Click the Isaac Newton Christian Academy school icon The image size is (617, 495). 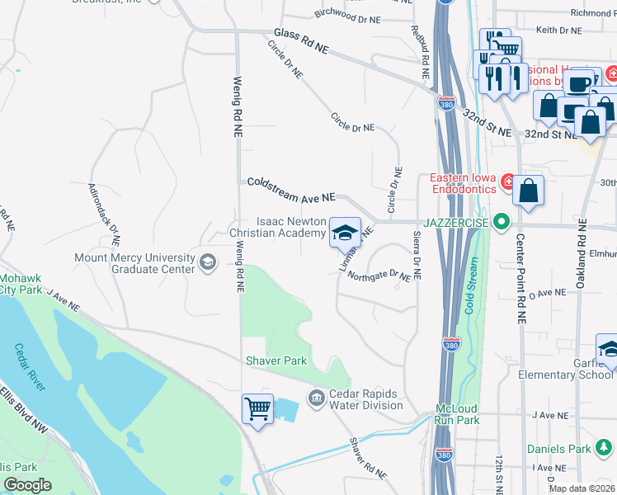(346, 233)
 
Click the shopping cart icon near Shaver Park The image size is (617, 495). (257, 408)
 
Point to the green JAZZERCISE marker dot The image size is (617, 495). (500, 222)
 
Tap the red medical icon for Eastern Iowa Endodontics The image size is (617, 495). (509, 181)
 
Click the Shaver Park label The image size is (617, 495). (276, 361)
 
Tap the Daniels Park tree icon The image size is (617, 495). (605, 449)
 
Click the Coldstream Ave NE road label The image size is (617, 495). (290, 190)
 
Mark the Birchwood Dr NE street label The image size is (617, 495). (347, 16)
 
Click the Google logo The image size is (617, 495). (27, 485)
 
